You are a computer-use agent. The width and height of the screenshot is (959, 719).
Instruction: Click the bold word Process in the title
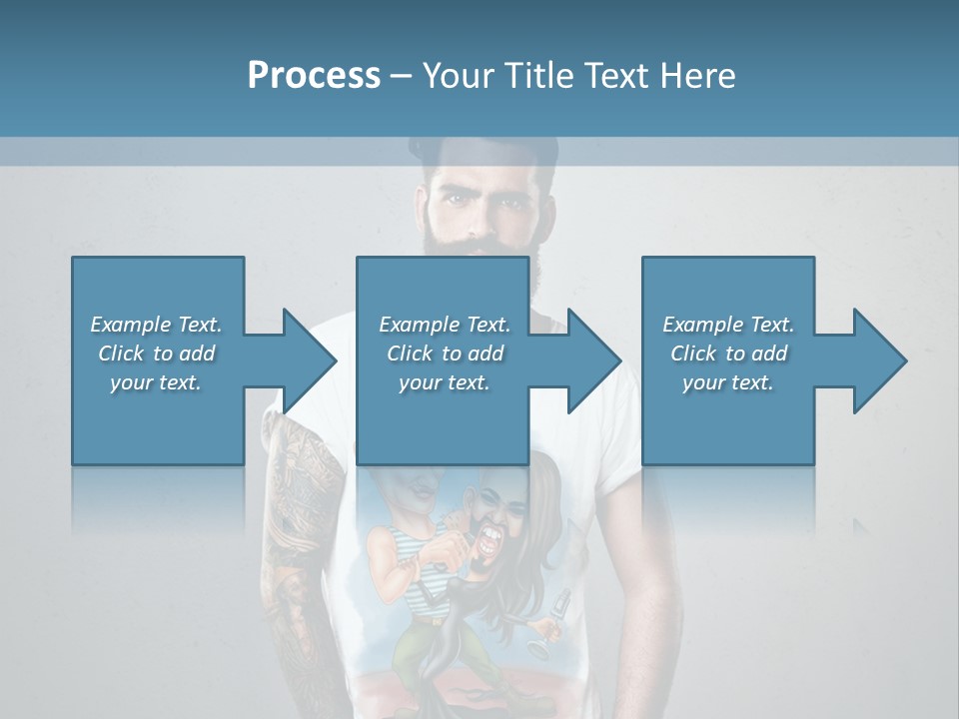click(x=314, y=76)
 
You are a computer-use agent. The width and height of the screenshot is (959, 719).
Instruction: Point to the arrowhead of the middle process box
click(x=595, y=360)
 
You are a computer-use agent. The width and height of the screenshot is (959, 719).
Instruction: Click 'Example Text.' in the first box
click(x=156, y=325)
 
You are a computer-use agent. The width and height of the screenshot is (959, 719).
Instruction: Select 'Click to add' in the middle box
click(x=445, y=354)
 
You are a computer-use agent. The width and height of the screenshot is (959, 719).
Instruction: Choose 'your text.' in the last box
click(x=728, y=382)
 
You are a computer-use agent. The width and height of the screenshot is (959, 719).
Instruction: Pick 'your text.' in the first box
click(x=156, y=382)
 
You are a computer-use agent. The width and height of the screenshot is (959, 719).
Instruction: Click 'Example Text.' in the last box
click(x=728, y=325)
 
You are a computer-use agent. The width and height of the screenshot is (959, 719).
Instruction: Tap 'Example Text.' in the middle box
click(x=445, y=325)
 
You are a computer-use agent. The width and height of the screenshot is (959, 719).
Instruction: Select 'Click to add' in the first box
click(x=156, y=354)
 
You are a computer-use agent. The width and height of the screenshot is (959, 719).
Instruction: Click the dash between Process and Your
click(x=401, y=76)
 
